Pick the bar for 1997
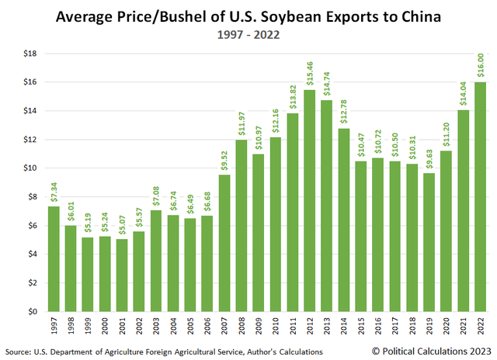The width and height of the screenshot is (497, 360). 54,258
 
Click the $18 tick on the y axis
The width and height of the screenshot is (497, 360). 31,53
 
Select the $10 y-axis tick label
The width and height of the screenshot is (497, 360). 31,168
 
